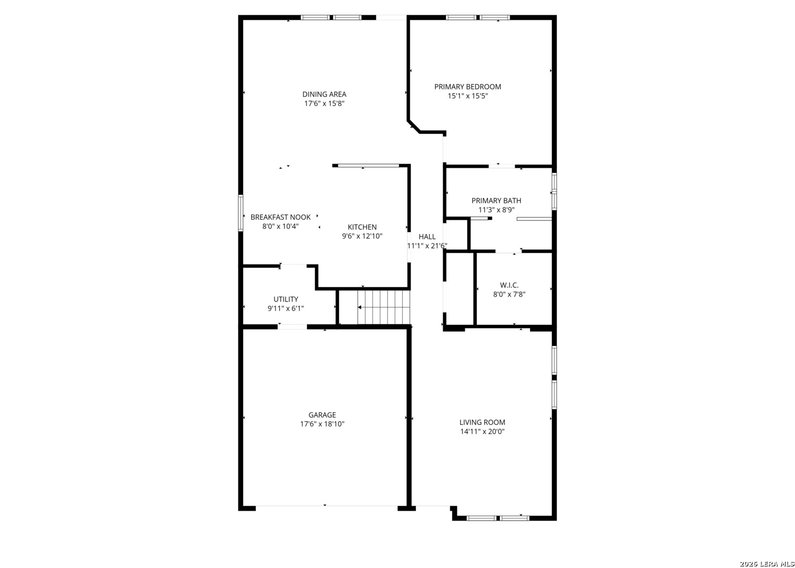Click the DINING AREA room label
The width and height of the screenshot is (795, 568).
tap(324, 94)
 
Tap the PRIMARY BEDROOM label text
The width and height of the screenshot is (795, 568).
tap(467, 87)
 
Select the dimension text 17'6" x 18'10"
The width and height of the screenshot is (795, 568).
tap(322, 424)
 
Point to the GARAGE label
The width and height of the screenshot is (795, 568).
tap(322, 414)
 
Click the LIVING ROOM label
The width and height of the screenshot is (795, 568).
tap(482, 422)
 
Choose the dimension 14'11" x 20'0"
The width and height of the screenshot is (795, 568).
tap(482, 432)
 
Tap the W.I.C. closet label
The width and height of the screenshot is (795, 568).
tap(509, 285)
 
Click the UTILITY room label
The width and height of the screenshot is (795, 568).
tap(286, 299)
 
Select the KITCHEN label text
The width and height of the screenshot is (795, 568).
tap(362, 227)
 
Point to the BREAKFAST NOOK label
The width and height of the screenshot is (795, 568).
tap(280, 217)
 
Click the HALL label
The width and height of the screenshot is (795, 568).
tap(427, 237)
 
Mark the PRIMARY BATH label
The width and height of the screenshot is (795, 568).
tap(496, 200)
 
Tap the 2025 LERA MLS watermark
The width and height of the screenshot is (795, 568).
tap(767, 564)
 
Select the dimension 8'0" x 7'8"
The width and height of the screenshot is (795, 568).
tap(509, 295)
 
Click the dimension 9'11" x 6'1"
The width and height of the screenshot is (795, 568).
tap(286, 309)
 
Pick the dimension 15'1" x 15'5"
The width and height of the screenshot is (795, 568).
tap(467, 96)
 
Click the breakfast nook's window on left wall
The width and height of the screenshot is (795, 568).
tap(241, 213)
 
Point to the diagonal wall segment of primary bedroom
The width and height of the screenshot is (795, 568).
tap(414, 127)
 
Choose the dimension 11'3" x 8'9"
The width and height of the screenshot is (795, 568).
tap(496, 210)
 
